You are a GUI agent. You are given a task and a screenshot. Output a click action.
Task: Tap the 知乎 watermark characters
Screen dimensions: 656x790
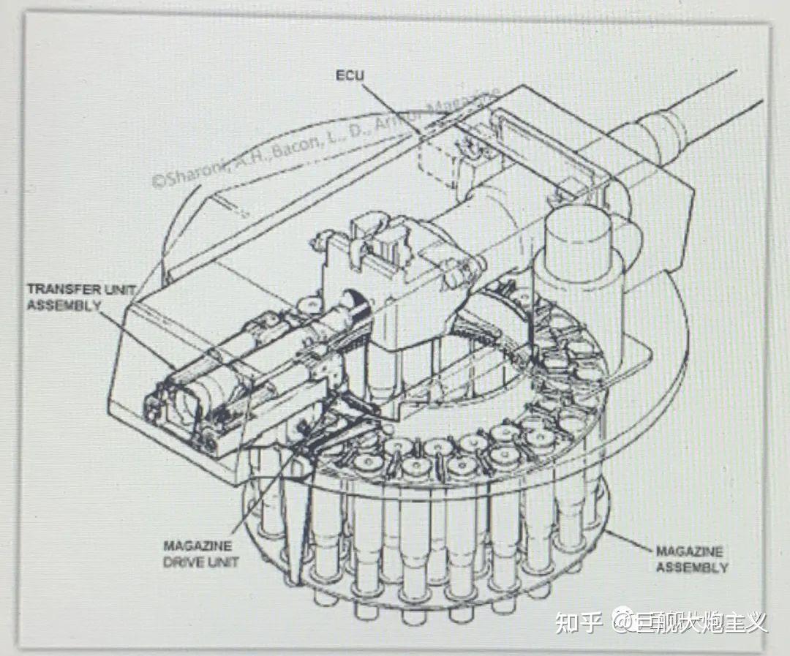coord(578,622)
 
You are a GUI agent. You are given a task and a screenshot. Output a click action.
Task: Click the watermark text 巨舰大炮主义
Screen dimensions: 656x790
coord(699,622)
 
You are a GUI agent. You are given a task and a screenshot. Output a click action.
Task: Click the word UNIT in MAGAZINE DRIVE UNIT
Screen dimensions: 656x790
coord(221,561)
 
